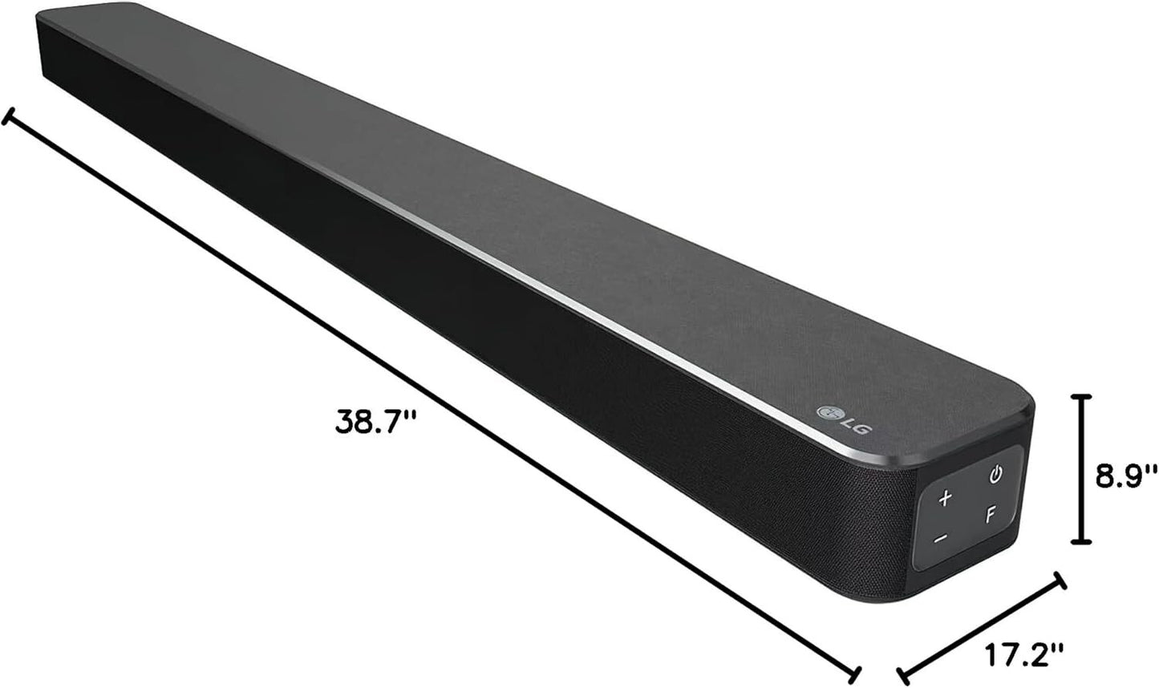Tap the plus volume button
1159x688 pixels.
(945, 498)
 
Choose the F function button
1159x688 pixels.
(991, 515)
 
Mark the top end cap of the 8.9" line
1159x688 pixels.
(1083, 397)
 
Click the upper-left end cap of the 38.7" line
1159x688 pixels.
(9, 118)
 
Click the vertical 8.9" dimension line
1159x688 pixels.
(1083, 469)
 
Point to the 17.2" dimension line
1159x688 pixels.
(982, 625)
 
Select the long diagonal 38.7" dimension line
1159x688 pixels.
(433, 395)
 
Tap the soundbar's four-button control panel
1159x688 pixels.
(968, 507)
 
